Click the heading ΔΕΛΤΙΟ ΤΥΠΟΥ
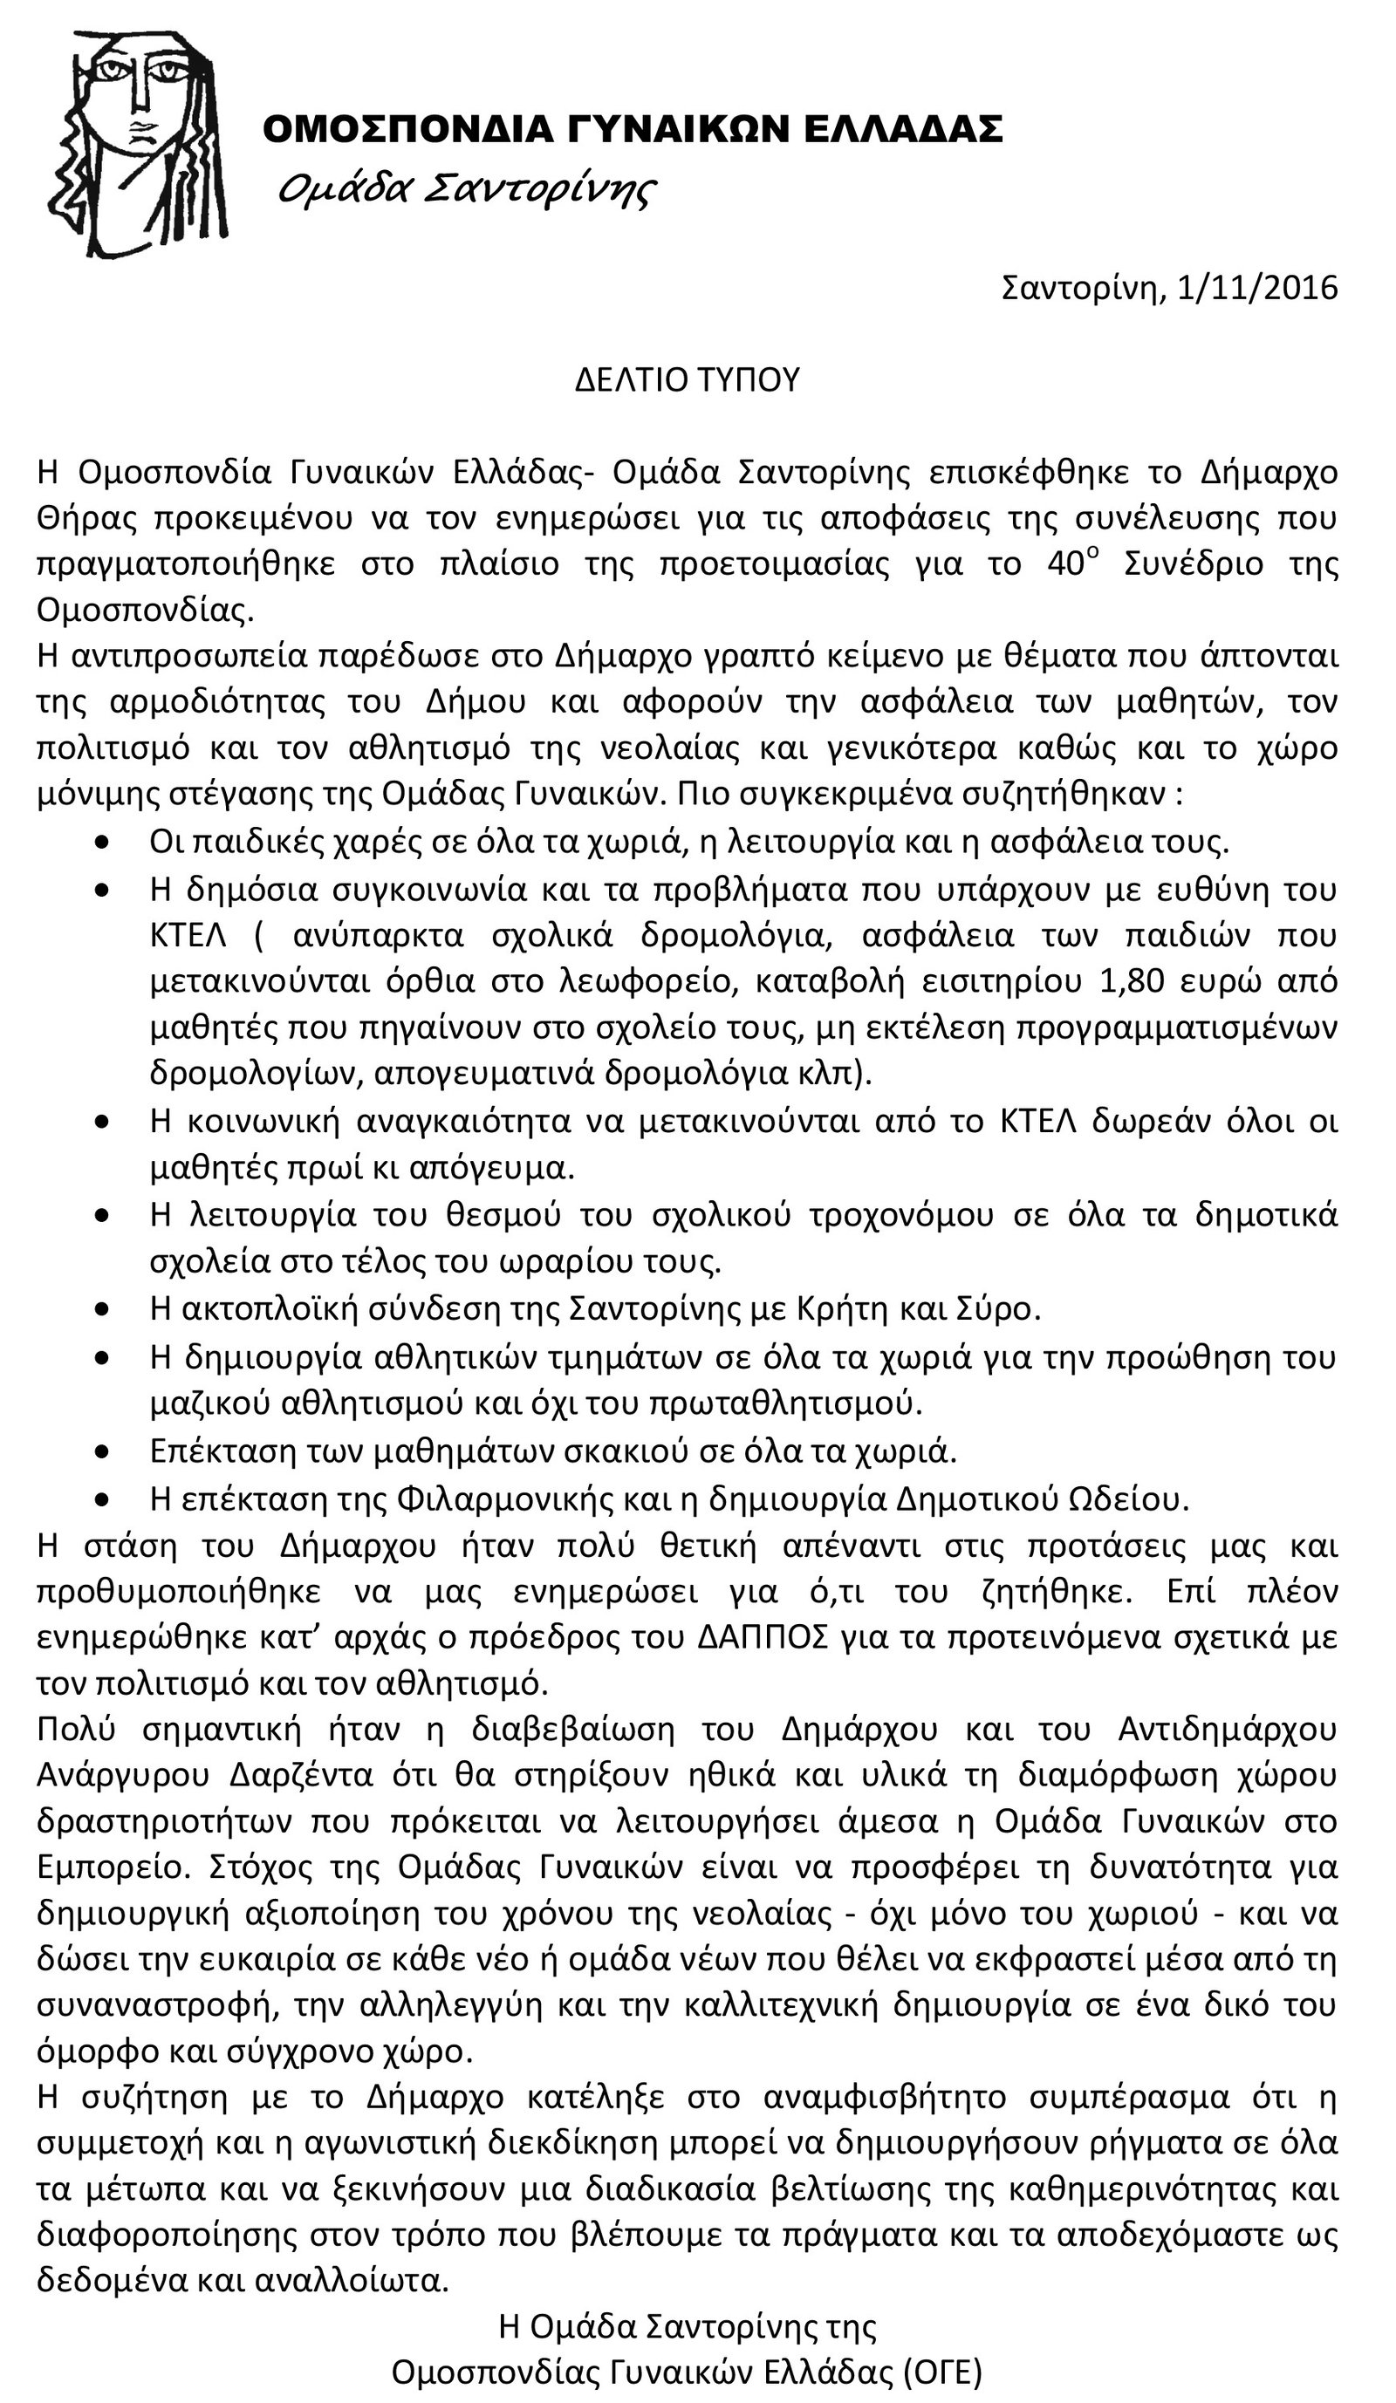coord(687,379)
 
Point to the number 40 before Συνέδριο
coord(1067,564)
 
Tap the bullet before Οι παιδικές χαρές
coord(102,843)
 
